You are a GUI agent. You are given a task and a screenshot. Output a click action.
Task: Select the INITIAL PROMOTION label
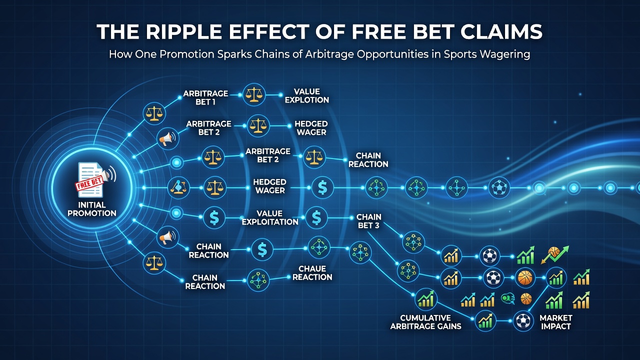91,209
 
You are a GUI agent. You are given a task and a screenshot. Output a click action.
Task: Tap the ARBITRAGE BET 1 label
205,97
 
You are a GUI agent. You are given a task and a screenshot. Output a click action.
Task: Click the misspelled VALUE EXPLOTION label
307,95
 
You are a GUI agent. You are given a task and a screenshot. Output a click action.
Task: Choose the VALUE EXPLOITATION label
270,217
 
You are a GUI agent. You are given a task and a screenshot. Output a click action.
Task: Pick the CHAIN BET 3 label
368,221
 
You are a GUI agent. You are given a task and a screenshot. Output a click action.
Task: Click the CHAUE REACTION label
312,273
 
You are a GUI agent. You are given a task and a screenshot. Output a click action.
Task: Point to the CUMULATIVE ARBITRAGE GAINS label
425,322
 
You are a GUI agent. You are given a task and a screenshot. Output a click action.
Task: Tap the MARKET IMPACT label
555,322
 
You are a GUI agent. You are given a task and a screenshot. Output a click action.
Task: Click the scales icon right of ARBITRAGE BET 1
253,94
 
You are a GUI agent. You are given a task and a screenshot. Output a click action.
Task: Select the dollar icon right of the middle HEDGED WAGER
322,187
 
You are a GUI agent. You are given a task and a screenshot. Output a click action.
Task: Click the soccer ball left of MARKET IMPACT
523,321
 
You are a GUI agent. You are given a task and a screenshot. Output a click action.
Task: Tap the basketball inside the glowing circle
525,277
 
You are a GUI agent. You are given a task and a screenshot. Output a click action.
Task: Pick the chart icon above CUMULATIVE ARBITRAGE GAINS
425,299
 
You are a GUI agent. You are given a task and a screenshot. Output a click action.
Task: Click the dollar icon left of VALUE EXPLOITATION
214,217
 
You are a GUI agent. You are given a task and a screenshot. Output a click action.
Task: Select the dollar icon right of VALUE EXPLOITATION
316,217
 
